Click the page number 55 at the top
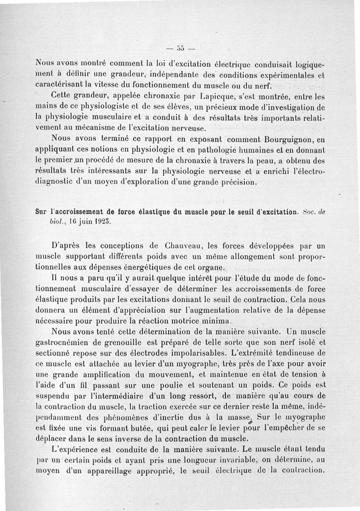tap(180, 47)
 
